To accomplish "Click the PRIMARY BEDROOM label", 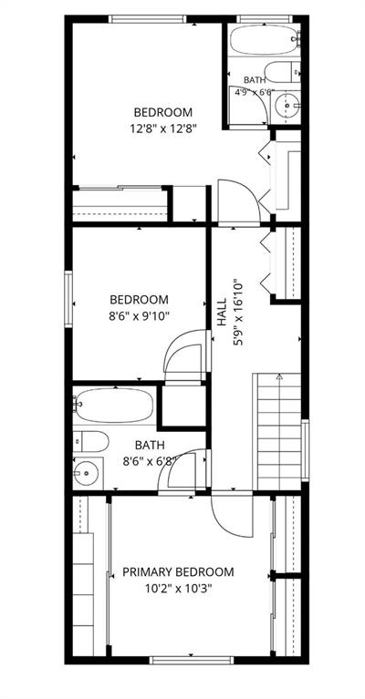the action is coord(178,572).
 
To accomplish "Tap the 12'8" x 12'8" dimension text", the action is coord(163,128).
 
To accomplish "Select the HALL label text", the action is coord(222,314).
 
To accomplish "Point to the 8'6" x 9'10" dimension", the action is coord(140,316).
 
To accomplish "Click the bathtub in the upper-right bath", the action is coord(265,40).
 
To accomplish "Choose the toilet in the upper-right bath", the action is coord(282,72).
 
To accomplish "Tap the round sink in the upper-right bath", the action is coord(287,106).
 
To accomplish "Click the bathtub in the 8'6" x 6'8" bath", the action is coord(113,405).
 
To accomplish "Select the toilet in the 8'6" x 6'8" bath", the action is coord(90,442).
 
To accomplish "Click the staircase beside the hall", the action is coord(278,432).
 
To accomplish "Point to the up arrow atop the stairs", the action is coord(279,376).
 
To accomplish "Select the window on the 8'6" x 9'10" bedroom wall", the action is coord(68,299).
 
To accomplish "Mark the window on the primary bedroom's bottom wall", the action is coord(192,660).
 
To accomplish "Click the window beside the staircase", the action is coord(305,450).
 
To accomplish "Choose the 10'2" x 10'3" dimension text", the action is coord(178,589).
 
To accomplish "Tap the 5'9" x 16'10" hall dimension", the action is coord(239,312).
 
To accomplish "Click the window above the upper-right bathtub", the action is coord(264,19).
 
